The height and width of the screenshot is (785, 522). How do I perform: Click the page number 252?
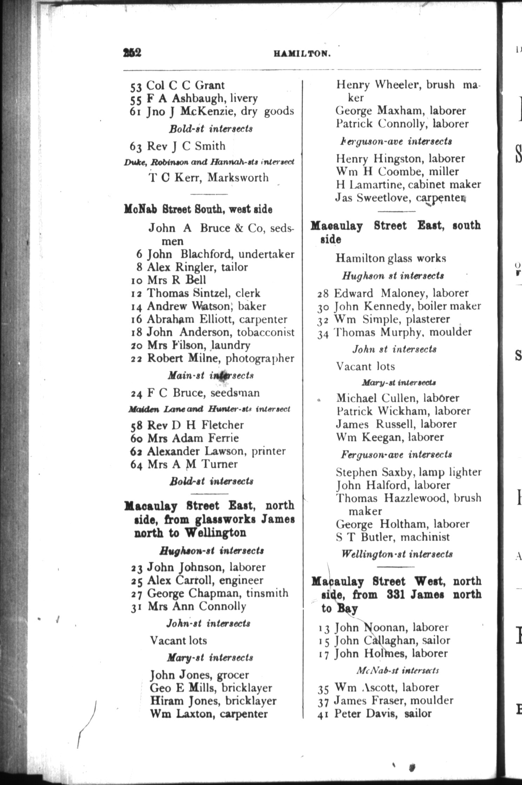coord(132,53)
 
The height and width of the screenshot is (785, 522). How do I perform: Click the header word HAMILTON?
coord(302,54)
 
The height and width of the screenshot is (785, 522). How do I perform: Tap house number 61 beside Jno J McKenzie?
coord(135,112)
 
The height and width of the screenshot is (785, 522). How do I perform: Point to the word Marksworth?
coord(238,177)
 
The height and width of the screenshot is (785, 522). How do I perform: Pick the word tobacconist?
coord(266,332)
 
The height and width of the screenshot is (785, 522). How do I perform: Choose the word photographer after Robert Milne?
coord(260,358)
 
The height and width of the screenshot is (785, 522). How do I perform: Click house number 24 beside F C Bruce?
coord(136,394)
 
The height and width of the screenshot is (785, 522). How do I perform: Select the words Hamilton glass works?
coord(390,258)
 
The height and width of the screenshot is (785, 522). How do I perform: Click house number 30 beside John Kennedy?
coord(323,307)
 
